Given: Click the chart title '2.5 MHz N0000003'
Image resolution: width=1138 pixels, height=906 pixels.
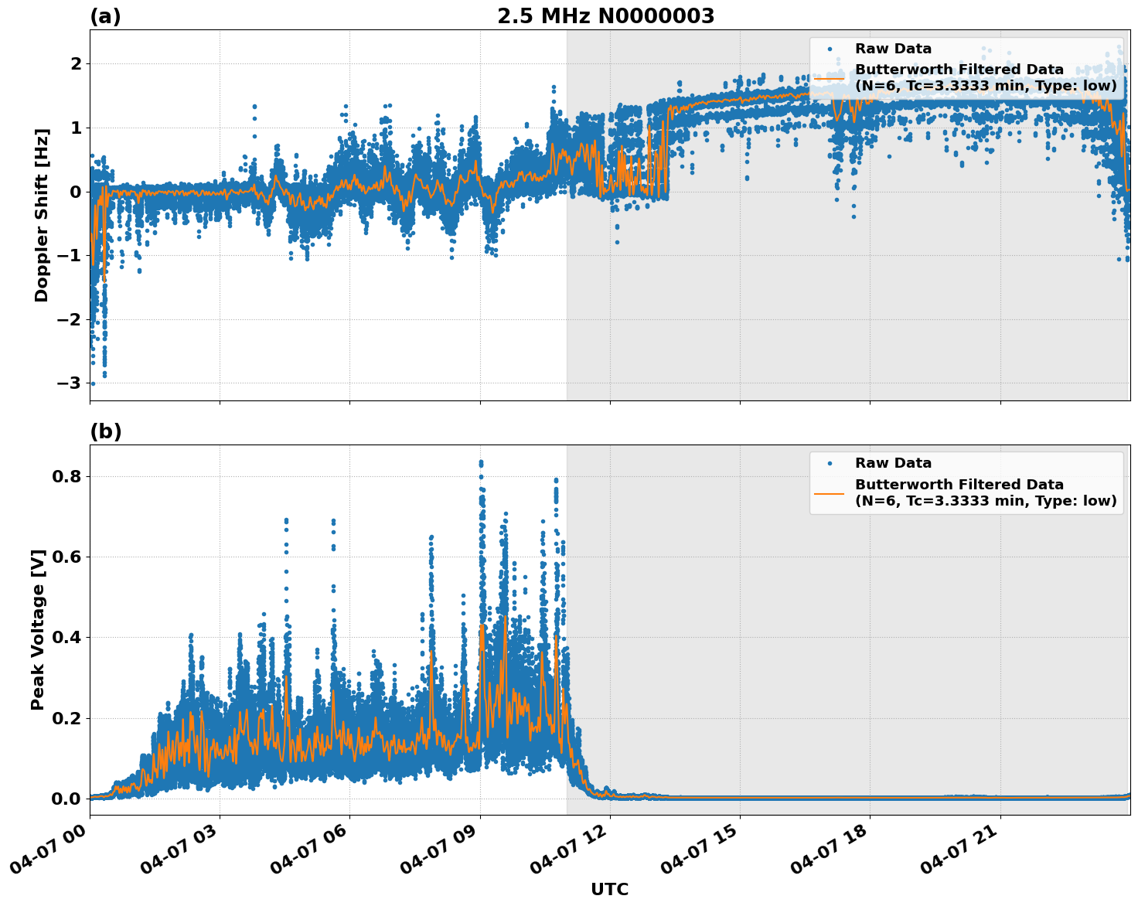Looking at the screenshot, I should [x=605, y=16].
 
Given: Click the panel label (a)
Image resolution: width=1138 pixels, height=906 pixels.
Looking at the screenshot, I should [x=105, y=16].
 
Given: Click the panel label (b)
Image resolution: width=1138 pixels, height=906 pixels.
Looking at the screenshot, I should [x=105, y=431].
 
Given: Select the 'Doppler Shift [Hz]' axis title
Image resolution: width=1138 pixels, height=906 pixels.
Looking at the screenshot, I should [x=42, y=215].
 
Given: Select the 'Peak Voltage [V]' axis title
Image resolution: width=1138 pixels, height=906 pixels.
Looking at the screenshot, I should [x=38, y=629].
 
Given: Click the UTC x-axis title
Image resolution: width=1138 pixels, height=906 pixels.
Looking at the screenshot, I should [x=609, y=889].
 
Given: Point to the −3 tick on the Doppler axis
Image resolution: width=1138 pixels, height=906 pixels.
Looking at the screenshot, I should [x=68, y=383].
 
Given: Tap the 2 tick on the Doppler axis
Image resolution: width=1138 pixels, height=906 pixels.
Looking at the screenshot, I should [x=76, y=63].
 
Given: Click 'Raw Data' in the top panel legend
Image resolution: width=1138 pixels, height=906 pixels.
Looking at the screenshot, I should [x=893, y=49].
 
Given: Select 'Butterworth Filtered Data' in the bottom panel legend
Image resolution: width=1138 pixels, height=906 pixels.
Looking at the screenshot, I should [x=959, y=485].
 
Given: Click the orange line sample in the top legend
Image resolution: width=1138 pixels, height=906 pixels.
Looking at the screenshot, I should [x=829, y=77].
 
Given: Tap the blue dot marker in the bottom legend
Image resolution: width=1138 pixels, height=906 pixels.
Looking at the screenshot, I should [x=829, y=463].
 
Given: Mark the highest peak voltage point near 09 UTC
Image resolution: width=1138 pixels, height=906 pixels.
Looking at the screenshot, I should [x=480, y=462].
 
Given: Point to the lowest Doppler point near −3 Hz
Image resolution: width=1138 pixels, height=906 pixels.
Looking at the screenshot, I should [x=93, y=383].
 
